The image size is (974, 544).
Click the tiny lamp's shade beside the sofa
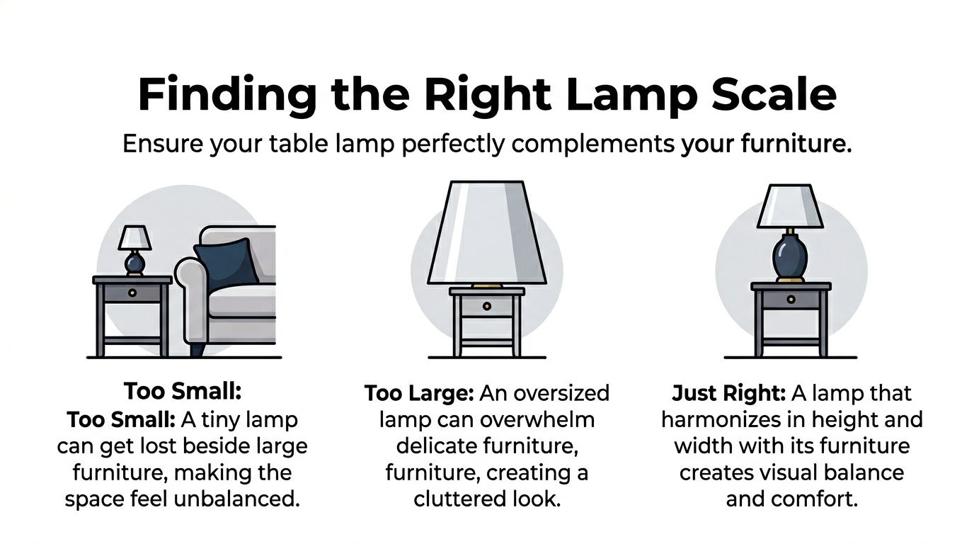coord(134,238)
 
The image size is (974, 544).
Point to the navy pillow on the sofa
coord(226,261)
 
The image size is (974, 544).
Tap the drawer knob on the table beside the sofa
coord(133,292)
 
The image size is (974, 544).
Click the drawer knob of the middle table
coord(487,305)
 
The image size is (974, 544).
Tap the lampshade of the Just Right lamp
coord(790,206)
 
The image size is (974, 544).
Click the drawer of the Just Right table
coord(791,299)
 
